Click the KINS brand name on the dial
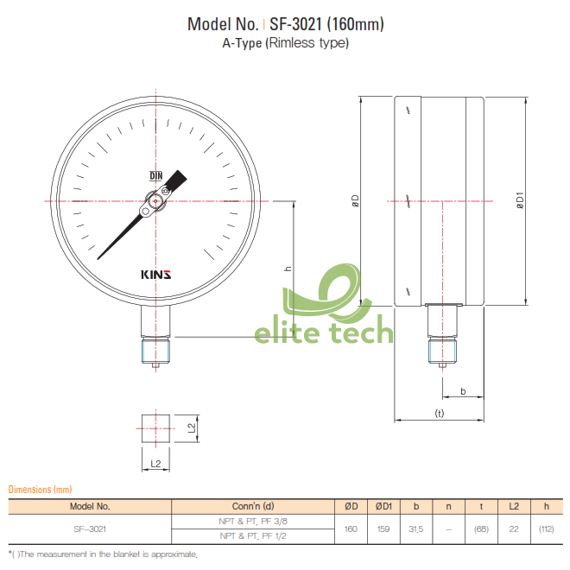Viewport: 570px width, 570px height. [155, 275]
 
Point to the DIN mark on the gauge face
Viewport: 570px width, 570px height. [156, 176]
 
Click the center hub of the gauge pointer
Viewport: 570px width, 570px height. [155, 205]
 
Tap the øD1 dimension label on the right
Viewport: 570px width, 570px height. [520, 202]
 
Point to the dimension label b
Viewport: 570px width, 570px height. [463, 391]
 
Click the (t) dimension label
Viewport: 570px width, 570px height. [439, 414]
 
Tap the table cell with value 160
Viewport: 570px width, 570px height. [351, 529]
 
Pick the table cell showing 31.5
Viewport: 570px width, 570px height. [416, 529]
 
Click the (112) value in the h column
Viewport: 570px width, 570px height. [546, 529]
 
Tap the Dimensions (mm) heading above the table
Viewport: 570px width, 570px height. [40, 490]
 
